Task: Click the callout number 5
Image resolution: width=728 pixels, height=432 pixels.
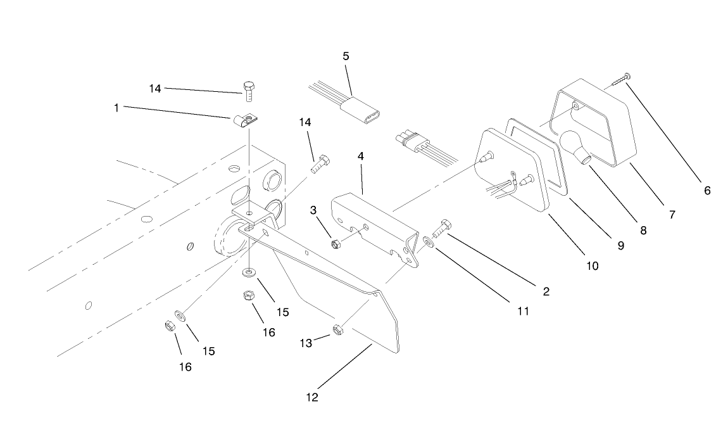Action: [x=346, y=56]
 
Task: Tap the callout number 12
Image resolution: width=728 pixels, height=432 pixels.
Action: [x=312, y=398]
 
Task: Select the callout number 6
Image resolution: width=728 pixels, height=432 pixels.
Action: [x=707, y=191]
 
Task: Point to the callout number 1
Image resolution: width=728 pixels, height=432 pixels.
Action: [x=116, y=108]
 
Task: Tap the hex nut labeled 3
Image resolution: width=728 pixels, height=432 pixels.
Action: [x=335, y=243]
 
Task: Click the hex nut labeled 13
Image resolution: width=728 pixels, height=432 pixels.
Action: [x=337, y=330]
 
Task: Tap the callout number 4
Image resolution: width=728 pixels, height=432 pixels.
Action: [x=361, y=156]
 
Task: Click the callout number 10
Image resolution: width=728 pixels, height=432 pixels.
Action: [x=593, y=266]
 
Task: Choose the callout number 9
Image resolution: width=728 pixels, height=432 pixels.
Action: [x=621, y=246]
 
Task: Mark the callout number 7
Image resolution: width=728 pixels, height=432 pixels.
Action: [x=672, y=215]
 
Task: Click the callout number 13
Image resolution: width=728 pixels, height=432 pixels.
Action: [x=306, y=343]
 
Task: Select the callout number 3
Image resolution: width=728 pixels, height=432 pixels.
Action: [x=313, y=210]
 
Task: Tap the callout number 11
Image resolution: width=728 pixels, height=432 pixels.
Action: [x=524, y=311]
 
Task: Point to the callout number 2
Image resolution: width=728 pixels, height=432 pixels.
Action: [x=546, y=292]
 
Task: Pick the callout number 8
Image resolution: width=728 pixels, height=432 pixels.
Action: [x=643, y=231]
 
